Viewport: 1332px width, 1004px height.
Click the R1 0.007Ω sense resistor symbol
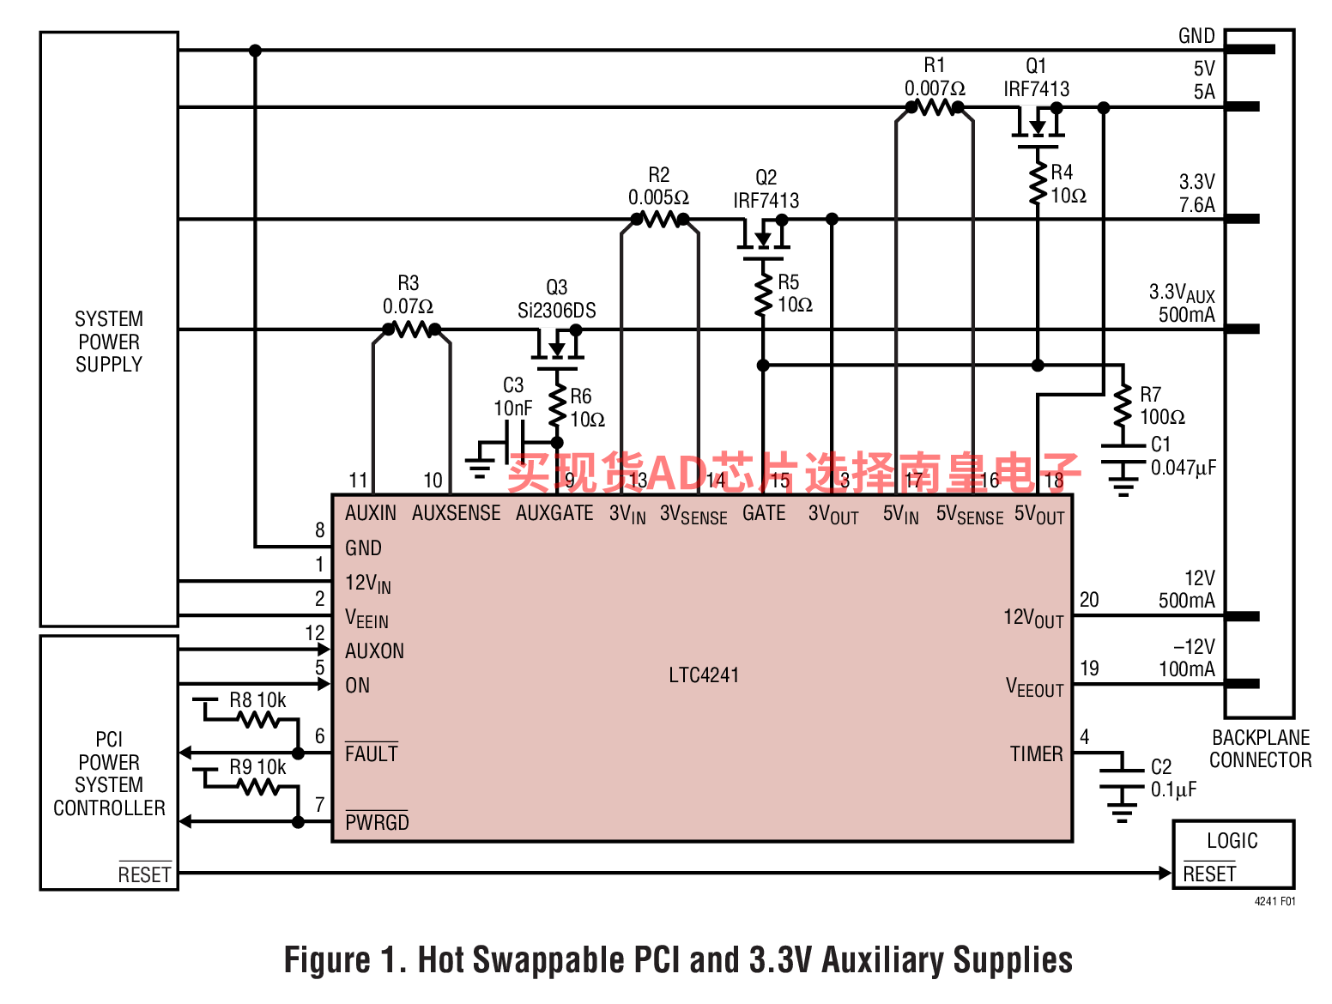[x=935, y=107]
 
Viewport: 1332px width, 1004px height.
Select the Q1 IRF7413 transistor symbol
[x=1038, y=125]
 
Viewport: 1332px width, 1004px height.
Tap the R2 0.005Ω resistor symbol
[x=659, y=219]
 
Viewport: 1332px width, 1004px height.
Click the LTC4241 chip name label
[x=704, y=675]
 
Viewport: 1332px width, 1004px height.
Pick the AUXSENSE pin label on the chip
[x=456, y=513]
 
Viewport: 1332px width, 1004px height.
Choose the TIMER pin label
[x=1036, y=754]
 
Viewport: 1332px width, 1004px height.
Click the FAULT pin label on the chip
[x=371, y=754]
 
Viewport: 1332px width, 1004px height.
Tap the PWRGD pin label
[x=377, y=822]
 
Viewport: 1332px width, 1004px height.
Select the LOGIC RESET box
[x=1232, y=855]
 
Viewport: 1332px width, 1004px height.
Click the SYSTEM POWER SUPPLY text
[x=109, y=342]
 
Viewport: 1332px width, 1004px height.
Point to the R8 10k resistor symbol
[x=259, y=720]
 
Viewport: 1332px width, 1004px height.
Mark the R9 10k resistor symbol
[x=259, y=787]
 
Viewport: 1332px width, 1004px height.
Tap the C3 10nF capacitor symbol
[x=515, y=443]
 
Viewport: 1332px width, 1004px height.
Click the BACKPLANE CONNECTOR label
[x=1260, y=749]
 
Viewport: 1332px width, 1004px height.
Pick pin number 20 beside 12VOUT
[x=1089, y=600]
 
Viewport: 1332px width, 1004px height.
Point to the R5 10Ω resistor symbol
[x=763, y=293]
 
